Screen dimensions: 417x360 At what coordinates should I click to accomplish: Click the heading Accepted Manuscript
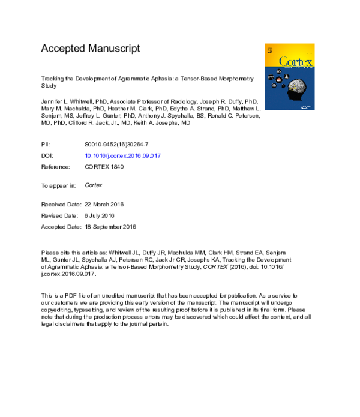click(90, 48)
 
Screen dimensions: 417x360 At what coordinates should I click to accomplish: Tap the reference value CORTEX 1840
click(104, 167)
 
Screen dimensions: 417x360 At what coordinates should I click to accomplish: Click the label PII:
click(46, 145)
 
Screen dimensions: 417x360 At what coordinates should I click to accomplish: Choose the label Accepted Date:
click(60, 227)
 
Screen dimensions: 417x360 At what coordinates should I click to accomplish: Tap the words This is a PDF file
click(64, 296)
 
